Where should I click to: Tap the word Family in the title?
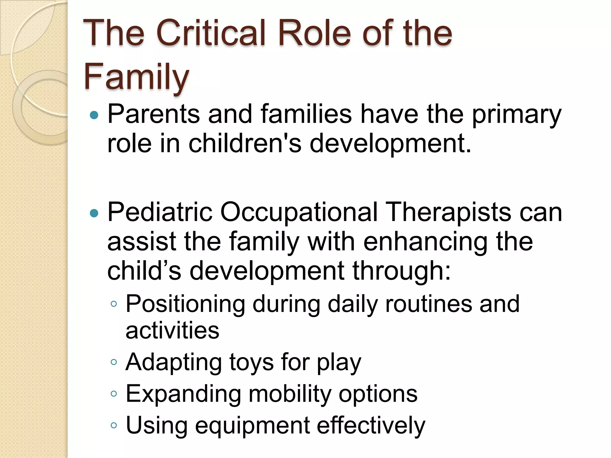(136, 77)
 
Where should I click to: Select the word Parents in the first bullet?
(153, 114)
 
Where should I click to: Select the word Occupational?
(299, 213)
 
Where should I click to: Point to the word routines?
(429, 304)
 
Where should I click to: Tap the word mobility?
(290, 394)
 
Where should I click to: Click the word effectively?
(371, 425)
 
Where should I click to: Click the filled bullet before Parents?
(94, 115)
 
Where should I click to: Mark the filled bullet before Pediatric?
(94, 213)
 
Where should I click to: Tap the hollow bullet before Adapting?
(113, 362)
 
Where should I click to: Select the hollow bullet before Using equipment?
(113, 425)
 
